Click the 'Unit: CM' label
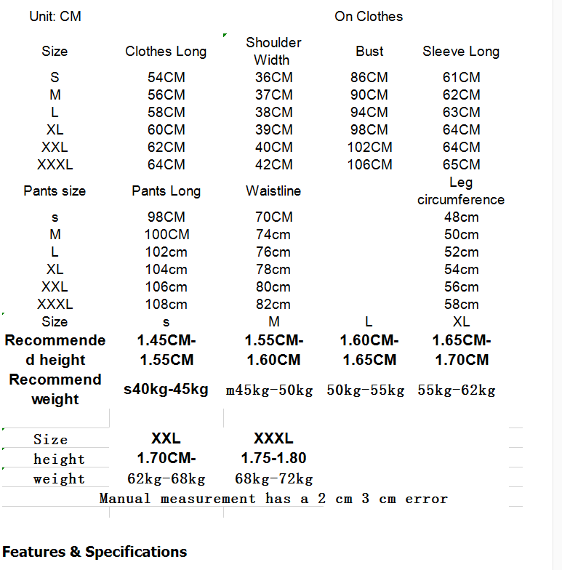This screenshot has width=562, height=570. (x=55, y=16)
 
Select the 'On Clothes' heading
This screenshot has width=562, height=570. (x=369, y=16)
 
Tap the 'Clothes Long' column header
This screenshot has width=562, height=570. (x=166, y=52)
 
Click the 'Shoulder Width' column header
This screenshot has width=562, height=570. (x=273, y=52)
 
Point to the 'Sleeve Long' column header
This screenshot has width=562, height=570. (x=461, y=52)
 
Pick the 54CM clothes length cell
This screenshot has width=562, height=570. (x=166, y=77)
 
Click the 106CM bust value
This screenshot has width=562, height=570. (x=370, y=164)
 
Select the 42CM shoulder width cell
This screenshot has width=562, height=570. (x=274, y=164)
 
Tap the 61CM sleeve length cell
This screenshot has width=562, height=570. (x=462, y=77)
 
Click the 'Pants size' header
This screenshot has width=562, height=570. (x=55, y=191)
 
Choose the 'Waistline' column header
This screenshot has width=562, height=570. (x=273, y=191)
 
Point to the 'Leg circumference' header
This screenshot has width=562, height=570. (x=461, y=191)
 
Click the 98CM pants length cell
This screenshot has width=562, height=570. (x=166, y=217)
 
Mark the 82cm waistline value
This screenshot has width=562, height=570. (x=273, y=304)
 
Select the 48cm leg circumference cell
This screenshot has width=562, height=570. (x=462, y=217)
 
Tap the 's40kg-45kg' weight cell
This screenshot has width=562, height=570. (x=166, y=390)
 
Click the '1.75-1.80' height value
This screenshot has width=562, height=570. (x=273, y=458)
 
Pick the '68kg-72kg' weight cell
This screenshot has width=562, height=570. (x=273, y=479)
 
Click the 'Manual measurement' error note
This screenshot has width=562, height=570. (x=273, y=499)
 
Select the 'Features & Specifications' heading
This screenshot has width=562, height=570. (x=95, y=552)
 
